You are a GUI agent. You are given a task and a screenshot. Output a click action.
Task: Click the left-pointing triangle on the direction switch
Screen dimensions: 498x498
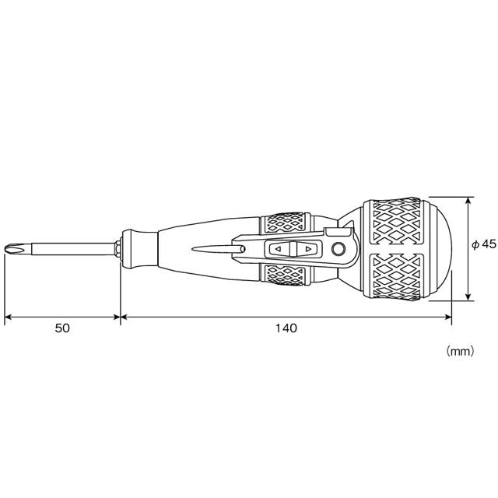tap(279, 249)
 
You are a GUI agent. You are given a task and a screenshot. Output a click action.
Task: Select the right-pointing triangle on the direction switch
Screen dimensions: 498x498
tap(309, 249)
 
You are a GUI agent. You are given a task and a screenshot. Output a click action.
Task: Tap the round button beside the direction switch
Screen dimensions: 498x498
tap(338, 249)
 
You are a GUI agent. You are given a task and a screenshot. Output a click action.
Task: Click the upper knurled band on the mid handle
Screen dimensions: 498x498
tap(286, 224)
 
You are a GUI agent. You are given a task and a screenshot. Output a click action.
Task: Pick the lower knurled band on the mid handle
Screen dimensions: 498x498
tap(286, 275)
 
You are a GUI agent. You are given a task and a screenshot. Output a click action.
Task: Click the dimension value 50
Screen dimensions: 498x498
tap(62, 328)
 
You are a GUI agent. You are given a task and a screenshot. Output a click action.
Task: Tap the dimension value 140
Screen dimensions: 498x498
tap(286, 328)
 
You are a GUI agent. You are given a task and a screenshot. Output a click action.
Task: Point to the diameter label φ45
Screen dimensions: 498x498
tap(483, 244)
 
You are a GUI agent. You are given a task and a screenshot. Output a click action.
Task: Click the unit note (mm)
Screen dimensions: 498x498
tap(459, 351)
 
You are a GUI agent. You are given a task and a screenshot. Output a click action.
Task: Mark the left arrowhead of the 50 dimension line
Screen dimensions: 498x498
tap(9, 317)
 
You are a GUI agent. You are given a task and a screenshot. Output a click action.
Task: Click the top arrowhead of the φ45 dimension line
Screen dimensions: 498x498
tap(468, 201)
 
